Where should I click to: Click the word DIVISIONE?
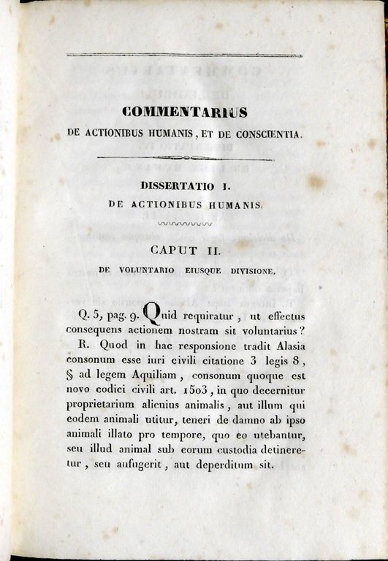tap(244, 271)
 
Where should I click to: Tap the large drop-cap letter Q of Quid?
tap(152, 315)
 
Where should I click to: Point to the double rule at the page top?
tap(183, 55)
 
